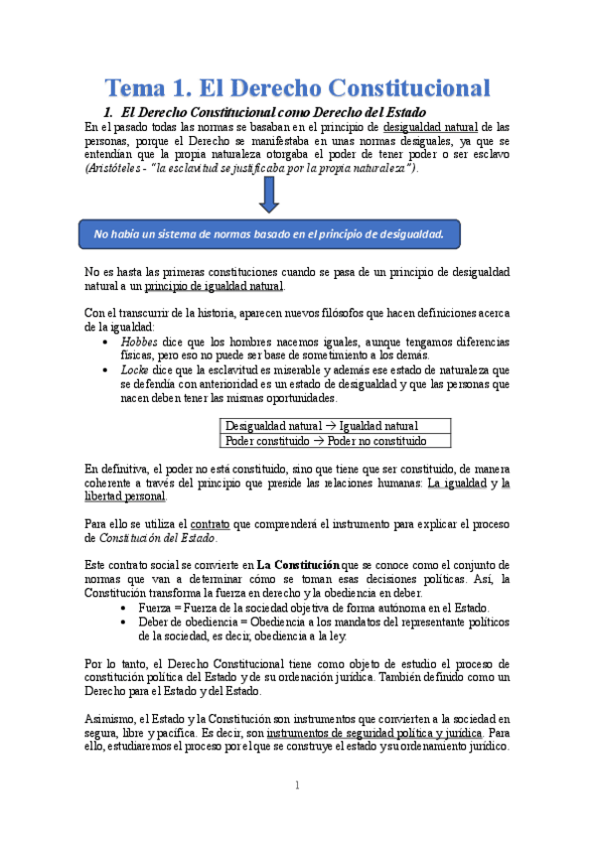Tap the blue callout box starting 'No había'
[x=267, y=234]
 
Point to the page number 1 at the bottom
[x=296, y=785]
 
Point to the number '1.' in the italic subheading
[x=111, y=111]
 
